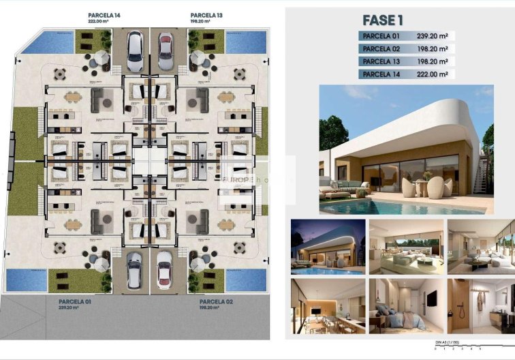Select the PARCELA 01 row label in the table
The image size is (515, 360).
(381, 36)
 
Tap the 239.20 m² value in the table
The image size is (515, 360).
(434, 36)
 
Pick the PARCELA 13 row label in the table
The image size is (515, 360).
(381, 61)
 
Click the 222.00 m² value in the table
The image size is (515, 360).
(434, 74)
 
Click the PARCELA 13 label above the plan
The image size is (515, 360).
(206, 14)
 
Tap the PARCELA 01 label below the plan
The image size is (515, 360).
(74, 301)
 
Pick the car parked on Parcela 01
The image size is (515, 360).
(135, 268)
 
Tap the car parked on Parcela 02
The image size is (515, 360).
(165, 268)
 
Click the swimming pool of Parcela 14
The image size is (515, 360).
(46, 43)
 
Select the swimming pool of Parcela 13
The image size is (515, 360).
(246, 42)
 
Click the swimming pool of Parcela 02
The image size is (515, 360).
(246, 280)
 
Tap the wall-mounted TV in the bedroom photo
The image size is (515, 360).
(431, 297)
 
